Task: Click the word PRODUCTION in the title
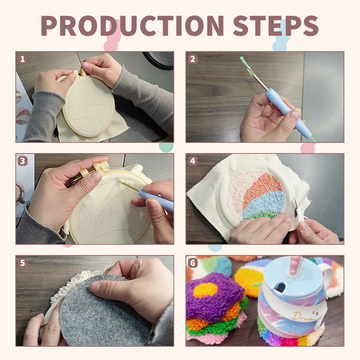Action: point(133,25)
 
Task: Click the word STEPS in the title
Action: point(276,25)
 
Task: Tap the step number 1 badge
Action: point(22,59)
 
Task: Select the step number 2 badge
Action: point(193,59)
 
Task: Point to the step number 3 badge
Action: point(22,161)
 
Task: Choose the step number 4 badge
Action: point(193,161)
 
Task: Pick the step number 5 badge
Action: point(22,263)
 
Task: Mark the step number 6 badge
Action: point(193,263)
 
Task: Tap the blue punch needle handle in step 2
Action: point(288,113)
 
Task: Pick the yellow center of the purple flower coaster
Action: point(205,290)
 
